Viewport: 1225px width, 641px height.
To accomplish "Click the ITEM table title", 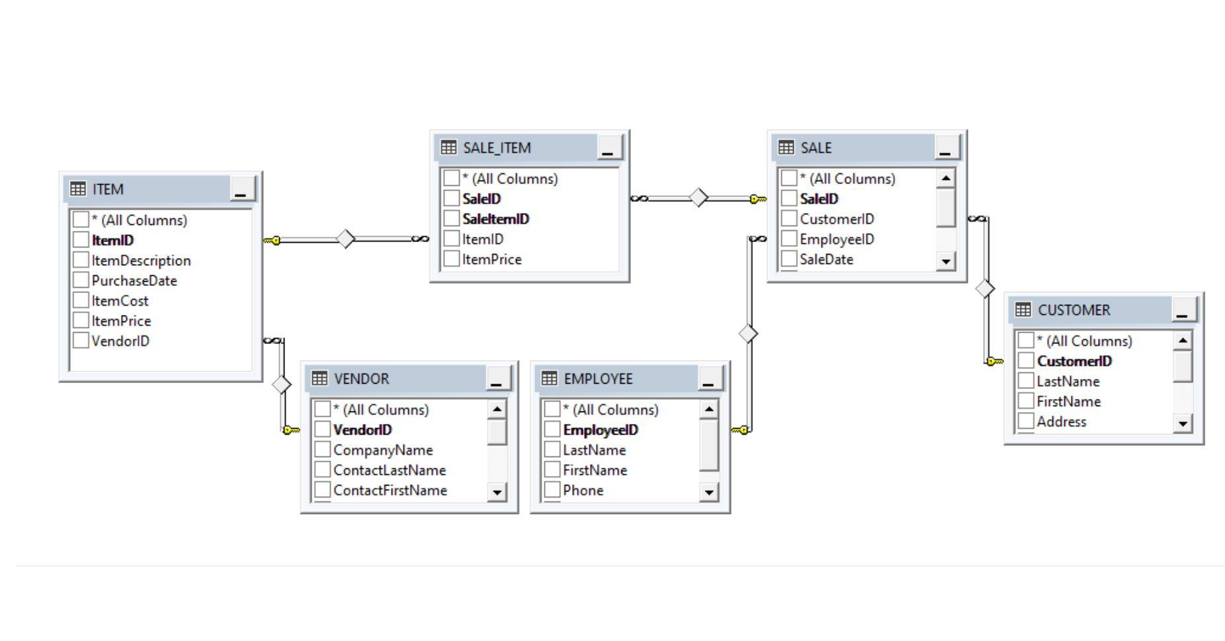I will click(x=108, y=189).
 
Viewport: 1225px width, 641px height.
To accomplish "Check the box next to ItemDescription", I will click(x=81, y=260).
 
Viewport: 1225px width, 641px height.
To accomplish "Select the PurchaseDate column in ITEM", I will click(x=134, y=280).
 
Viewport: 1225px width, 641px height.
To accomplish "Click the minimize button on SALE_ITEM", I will click(x=609, y=148).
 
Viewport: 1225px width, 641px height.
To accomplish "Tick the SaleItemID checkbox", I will click(x=451, y=219).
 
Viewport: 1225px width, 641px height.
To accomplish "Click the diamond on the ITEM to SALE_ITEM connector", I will click(x=345, y=239).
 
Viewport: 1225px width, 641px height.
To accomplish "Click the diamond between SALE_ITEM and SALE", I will click(x=698, y=198).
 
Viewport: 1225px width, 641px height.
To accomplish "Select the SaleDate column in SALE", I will click(x=826, y=259).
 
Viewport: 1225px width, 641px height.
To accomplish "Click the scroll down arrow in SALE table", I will click(x=946, y=261).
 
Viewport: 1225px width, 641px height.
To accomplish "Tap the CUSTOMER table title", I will click(x=1074, y=310).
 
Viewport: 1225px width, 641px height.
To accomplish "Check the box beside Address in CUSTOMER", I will click(x=1025, y=421).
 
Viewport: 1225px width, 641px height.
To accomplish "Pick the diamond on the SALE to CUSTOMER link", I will click(x=985, y=288).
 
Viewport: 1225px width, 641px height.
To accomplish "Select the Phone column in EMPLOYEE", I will click(x=583, y=490).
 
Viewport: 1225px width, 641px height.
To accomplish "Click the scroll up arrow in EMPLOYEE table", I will click(x=708, y=409).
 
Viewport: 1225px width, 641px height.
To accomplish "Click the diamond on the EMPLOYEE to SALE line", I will click(x=747, y=333).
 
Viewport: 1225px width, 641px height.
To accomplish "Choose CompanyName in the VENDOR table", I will click(x=383, y=450).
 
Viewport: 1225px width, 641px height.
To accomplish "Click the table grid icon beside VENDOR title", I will click(x=319, y=378).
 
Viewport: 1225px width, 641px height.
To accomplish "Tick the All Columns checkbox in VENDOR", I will click(x=322, y=409).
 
